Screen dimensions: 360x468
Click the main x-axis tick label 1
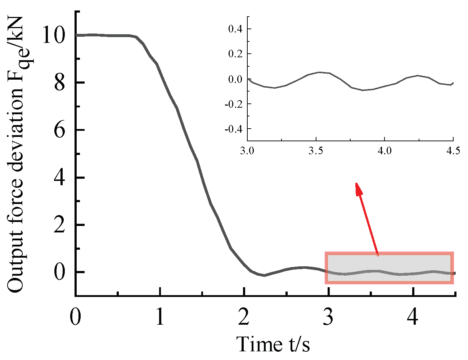tap(160, 317)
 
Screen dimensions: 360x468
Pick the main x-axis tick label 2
tap(244, 317)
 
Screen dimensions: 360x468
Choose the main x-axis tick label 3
tap(329, 317)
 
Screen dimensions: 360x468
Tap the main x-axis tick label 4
tap(414, 317)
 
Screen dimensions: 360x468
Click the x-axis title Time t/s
tap(273, 344)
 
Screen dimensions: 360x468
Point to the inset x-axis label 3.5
tap(316, 151)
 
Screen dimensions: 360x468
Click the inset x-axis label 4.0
tap(384, 151)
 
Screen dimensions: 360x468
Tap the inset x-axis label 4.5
tap(453, 151)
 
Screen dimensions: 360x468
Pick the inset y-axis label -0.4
tap(233, 129)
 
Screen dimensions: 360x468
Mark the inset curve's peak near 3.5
tap(319, 72)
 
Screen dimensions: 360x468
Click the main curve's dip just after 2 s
tap(264, 275)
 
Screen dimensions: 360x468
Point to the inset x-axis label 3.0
tap(247, 151)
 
